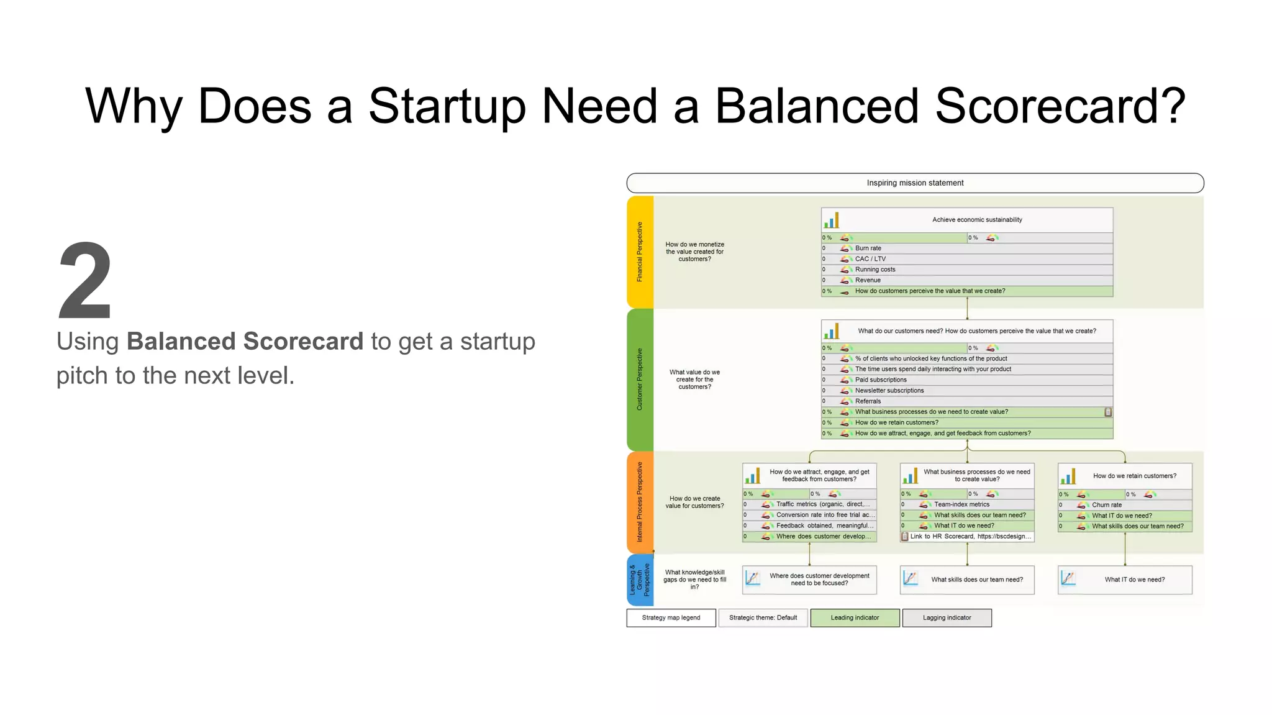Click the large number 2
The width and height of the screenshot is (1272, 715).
(85, 281)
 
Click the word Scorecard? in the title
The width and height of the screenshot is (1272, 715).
(1060, 106)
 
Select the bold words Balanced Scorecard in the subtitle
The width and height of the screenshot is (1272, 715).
(245, 342)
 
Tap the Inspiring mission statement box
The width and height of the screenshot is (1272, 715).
(915, 183)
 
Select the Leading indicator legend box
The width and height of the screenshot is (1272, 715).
(855, 618)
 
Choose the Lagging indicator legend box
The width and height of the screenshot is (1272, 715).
(947, 618)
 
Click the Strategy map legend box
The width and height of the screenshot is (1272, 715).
(671, 618)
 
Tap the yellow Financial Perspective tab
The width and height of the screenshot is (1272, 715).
(640, 252)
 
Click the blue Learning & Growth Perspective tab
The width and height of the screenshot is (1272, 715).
(640, 580)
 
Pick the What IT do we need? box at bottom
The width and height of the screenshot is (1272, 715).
(1125, 580)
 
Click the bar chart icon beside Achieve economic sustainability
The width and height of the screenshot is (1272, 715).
(831, 220)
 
